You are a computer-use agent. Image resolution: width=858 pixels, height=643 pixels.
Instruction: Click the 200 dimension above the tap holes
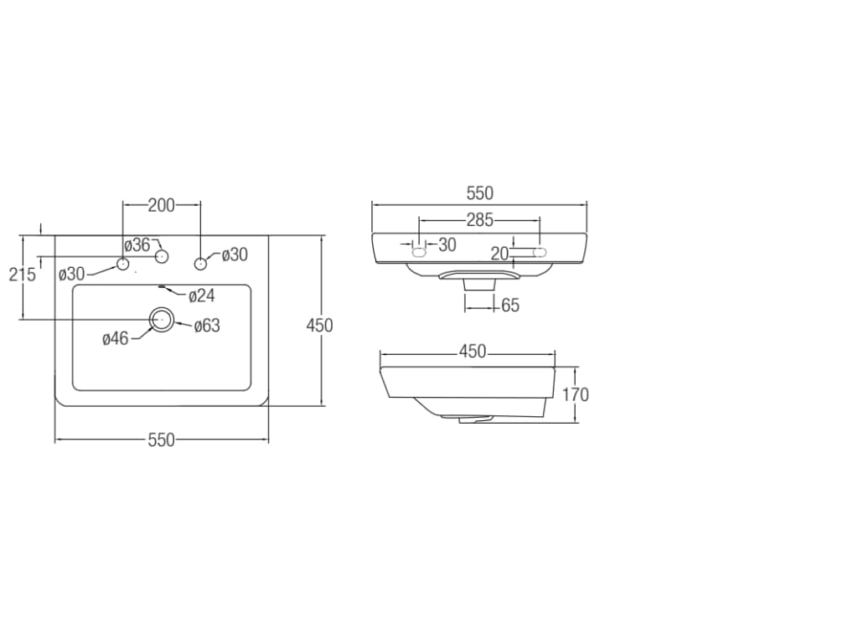point(162,204)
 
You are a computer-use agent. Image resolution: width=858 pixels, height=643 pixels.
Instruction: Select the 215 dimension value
point(23,274)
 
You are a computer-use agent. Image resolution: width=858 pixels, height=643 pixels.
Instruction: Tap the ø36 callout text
point(137,245)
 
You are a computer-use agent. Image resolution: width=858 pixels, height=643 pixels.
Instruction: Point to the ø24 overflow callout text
point(202,295)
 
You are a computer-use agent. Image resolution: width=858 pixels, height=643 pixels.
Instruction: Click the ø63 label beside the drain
point(206,326)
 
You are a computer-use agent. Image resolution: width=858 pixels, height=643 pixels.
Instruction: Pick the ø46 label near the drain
point(115,338)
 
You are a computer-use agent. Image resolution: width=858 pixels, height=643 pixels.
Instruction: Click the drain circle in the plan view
point(162,318)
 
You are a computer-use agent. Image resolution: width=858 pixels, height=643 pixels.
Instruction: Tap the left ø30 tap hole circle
point(123,264)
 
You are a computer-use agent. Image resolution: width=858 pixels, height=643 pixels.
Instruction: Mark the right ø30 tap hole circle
point(200,264)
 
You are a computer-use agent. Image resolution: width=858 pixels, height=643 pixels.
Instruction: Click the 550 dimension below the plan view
point(162,440)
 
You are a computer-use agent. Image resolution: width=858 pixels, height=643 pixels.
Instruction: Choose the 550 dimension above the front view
point(479,193)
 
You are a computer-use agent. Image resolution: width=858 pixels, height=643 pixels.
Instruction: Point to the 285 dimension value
point(479,220)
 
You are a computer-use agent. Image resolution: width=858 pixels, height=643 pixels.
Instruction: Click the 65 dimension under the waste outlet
point(510,306)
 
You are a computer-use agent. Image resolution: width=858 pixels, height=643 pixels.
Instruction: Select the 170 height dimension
point(576,394)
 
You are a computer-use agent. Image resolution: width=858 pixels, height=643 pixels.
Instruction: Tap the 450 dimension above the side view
point(473,352)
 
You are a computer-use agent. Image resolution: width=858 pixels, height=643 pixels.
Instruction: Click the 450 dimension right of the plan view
point(319,325)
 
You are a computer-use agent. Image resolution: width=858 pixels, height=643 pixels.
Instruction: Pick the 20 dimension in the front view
point(500,254)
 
